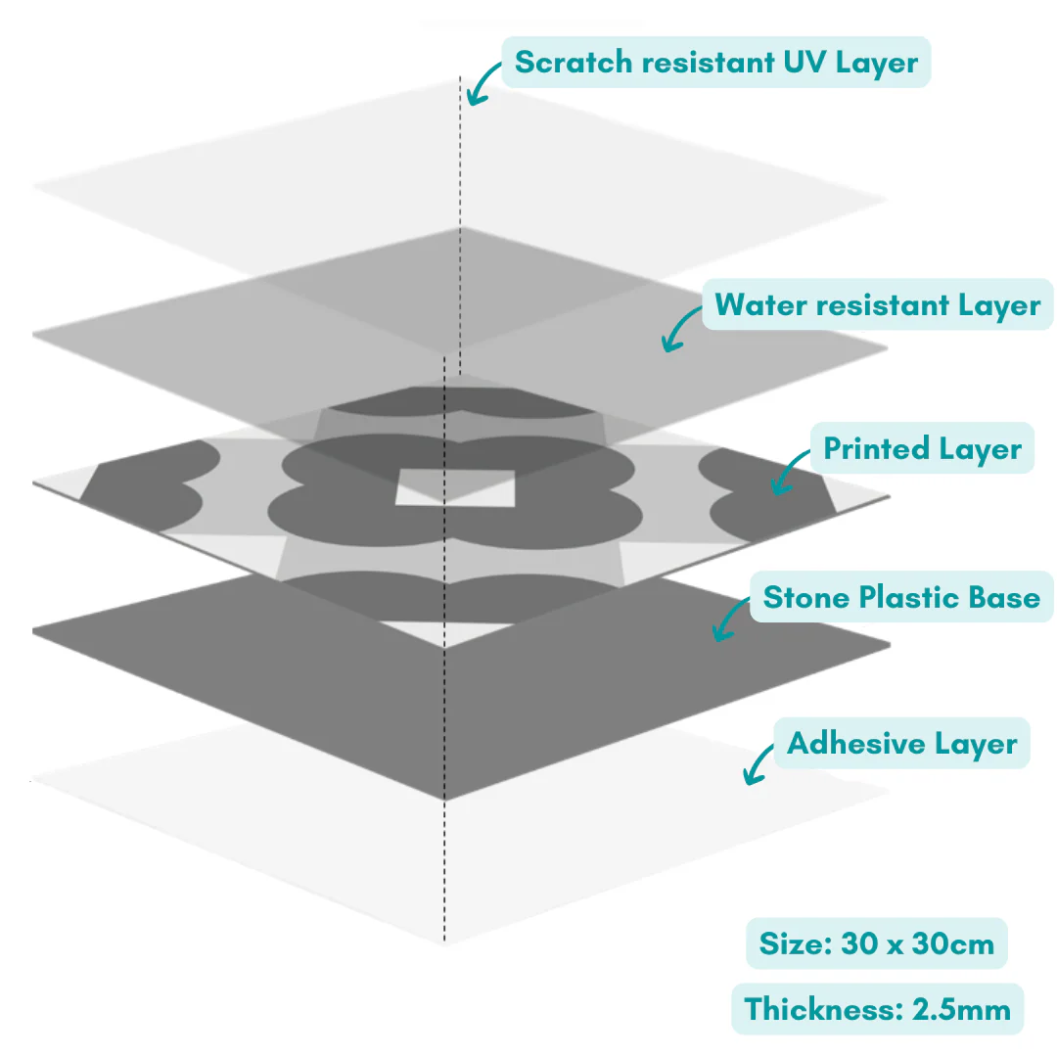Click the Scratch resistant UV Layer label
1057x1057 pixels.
click(x=715, y=63)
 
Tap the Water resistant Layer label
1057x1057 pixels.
click(x=877, y=305)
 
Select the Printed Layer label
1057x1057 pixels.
click(x=922, y=448)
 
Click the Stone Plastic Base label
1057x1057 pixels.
click(x=900, y=596)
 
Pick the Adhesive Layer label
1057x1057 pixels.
click(x=901, y=744)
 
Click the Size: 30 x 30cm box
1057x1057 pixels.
click(x=876, y=943)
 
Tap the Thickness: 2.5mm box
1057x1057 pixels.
click(x=877, y=1009)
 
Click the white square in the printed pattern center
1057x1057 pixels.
click(x=455, y=487)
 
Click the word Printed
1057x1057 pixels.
click(x=876, y=448)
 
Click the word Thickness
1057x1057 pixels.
click(x=820, y=1009)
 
